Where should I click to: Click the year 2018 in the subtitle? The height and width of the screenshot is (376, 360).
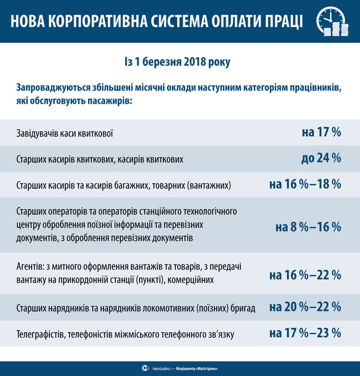(x=193, y=63)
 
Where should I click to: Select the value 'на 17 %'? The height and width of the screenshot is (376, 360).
(x=321, y=133)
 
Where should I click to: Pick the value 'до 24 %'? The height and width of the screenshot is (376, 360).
(x=321, y=159)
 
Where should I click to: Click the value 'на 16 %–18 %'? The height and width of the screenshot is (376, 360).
(x=305, y=184)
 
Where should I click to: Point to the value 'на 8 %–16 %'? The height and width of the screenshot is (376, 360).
(x=308, y=227)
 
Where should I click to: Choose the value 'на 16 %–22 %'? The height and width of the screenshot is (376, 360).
(x=305, y=275)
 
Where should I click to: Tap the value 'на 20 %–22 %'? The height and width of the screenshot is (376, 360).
(x=305, y=307)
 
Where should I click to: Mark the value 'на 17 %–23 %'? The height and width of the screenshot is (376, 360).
(x=305, y=333)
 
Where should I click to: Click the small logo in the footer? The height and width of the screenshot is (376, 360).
(x=145, y=368)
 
